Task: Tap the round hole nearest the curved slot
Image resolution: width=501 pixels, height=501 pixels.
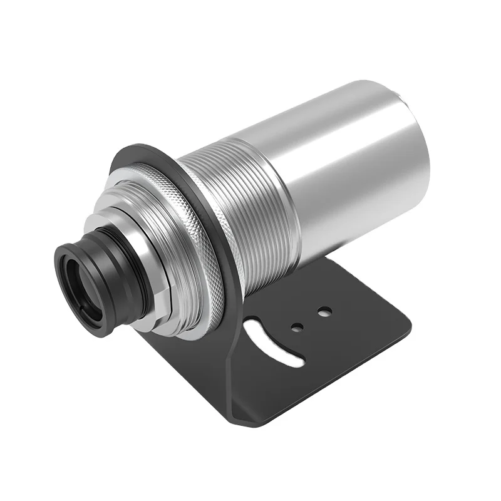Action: pyautogui.click(x=298, y=326)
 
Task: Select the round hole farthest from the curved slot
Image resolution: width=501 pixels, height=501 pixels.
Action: pyautogui.click(x=324, y=311)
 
